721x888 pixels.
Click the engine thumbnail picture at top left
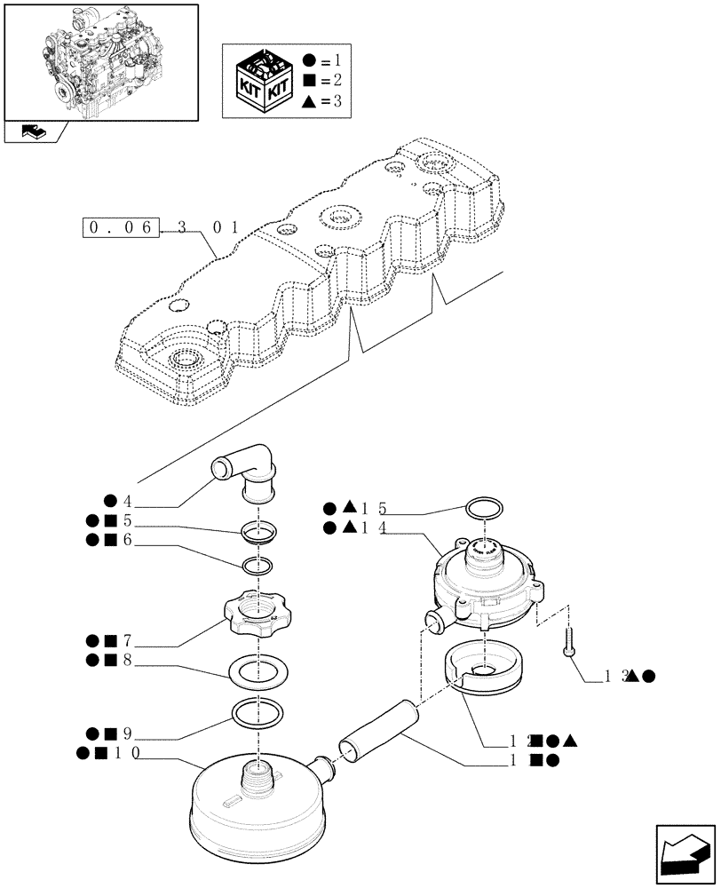tap(101, 61)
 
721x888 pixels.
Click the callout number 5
tap(128, 521)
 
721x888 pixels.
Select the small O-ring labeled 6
tap(257, 566)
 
